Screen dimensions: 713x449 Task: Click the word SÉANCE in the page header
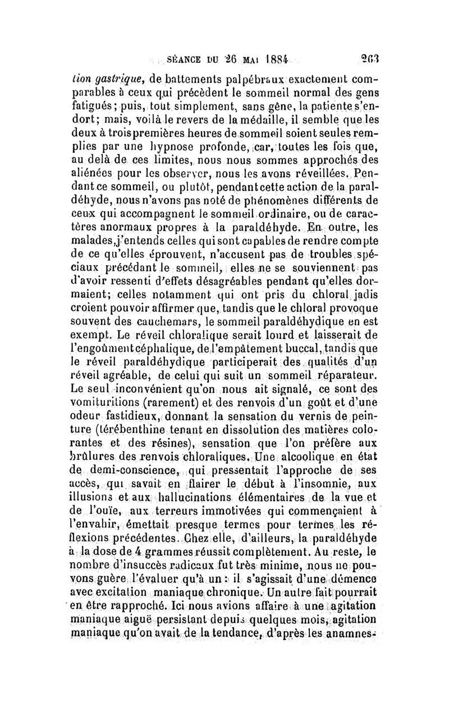point(171,58)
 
